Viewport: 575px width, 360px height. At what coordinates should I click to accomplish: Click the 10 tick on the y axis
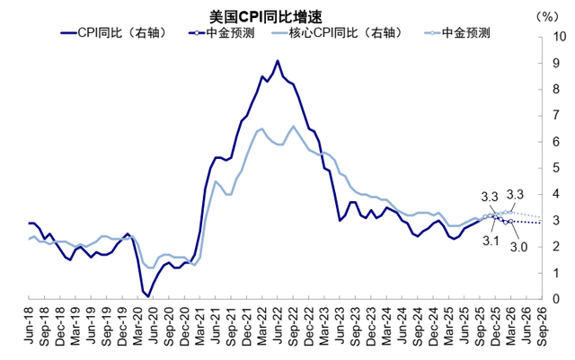559,37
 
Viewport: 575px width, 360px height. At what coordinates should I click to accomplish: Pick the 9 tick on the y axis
558,63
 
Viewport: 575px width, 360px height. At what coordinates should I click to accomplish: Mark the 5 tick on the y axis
558,168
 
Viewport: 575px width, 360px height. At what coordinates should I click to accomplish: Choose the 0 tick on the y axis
558,299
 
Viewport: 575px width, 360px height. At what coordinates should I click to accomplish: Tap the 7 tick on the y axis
558,116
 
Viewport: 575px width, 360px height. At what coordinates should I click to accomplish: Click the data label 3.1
488,240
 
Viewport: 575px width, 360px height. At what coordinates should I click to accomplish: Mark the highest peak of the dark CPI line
278,60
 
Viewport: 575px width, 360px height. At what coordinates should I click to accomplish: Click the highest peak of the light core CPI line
293,126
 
